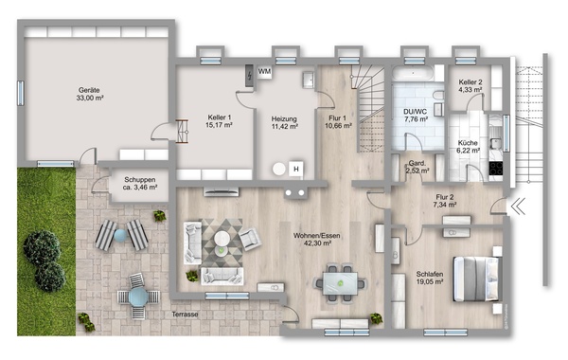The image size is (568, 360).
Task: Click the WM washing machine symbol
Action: [x=264, y=72]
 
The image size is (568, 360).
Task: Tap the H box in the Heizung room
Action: [x=296, y=169]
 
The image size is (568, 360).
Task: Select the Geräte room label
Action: [x=89, y=90]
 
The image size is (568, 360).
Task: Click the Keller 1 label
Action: [x=220, y=117]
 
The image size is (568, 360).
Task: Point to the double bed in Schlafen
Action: [x=477, y=279]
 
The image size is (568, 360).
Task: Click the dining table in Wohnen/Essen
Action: [x=341, y=282]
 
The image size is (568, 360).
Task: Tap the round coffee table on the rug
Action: [x=222, y=239]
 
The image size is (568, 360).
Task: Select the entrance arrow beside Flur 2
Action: [x=519, y=207]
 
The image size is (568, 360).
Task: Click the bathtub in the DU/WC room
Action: [x=413, y=73]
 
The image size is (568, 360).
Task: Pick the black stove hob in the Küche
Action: [x=496, y=169]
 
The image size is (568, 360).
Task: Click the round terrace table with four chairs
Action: [x=138, y=297]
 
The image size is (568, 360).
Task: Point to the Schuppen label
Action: [x=140, y=179]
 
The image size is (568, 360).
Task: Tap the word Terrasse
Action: [x=186, y=315]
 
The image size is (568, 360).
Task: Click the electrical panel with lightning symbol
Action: [x=249, y=76]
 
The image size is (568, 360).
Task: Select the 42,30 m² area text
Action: [x=317, y=243]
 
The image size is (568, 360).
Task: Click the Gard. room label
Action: [x=417, y=163]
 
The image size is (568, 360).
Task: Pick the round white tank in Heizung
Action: [x=279, y=169]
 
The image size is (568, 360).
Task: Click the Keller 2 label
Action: [x=470, y=81]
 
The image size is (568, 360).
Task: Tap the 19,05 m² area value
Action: [x=430, y=281]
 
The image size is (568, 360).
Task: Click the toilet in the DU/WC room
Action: [x=438, y=96]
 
